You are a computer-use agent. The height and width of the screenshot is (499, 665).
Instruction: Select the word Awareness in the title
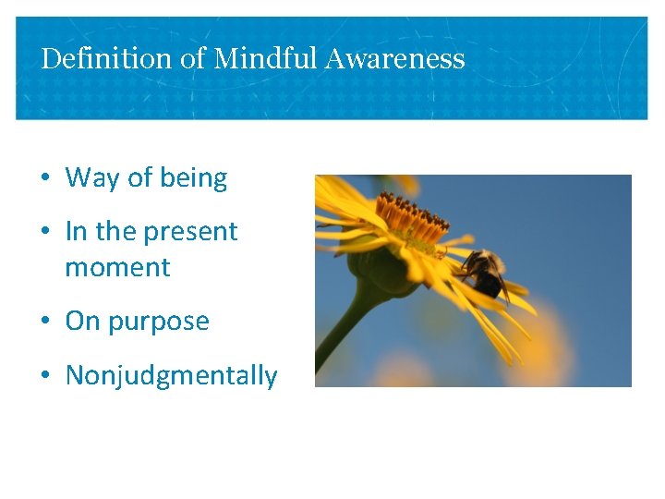[393, 59]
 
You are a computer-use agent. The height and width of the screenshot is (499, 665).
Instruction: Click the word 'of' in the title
[193, 59]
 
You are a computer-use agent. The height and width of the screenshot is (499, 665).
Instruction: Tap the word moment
[117, 268]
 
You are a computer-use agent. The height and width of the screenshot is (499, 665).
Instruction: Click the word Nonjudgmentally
[171, 376]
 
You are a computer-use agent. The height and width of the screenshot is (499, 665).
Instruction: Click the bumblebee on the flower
[486, 271]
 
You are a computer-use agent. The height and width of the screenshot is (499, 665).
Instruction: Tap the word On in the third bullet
[82, 322]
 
